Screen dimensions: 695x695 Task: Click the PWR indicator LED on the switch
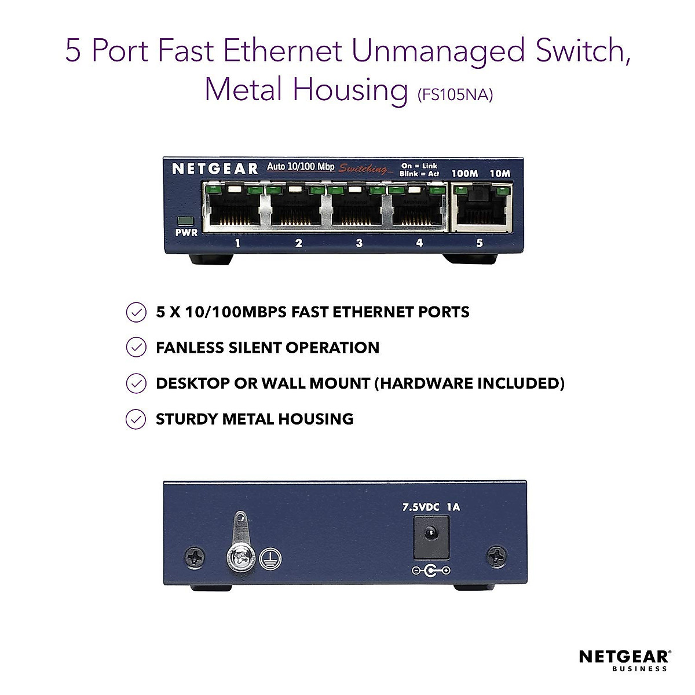tap(186, 221)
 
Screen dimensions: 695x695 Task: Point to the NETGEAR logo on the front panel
tap(215, 169)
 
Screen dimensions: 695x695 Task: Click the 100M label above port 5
tap(464, 173)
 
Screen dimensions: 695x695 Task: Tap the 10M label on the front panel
tap(500, 173)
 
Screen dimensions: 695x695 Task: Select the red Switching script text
tap(364, 169)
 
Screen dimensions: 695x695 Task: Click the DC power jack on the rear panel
tap(431, 536)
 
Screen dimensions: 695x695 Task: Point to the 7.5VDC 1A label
tap(431, 507)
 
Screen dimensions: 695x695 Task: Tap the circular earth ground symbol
tap(270, 559)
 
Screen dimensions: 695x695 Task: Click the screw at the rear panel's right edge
tap(497, 557)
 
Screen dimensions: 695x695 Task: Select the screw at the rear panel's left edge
tap(195, 558)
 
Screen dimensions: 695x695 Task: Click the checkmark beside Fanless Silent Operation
tap(136, 348)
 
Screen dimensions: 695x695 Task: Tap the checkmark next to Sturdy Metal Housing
tap(136, 419)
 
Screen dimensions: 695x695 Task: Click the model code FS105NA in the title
tap(455, 94)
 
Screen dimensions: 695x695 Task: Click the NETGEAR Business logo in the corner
tap(624, 660)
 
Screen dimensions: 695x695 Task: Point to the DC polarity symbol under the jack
tap(431, 571)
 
